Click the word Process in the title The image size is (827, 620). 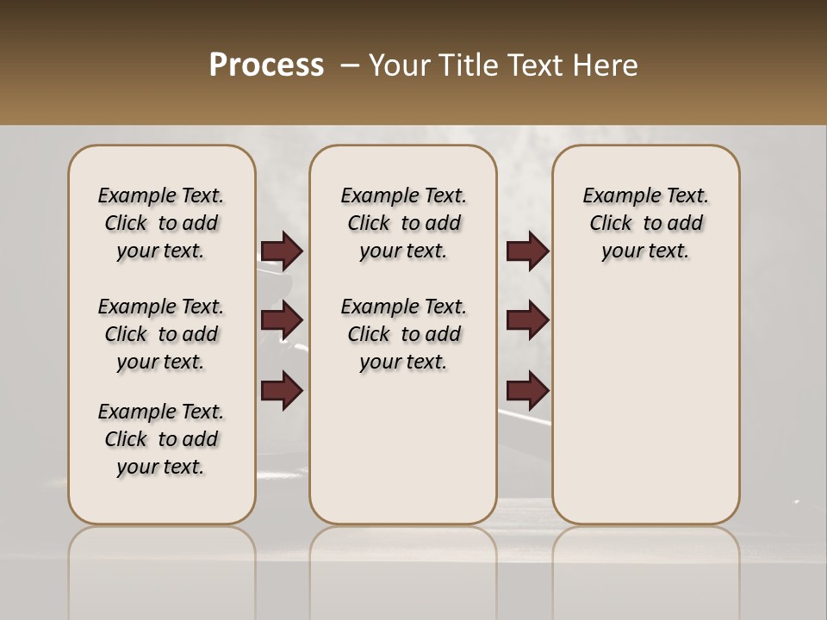tap(266, 65)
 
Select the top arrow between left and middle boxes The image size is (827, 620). tap(282, 251)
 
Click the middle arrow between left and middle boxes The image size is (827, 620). tap(282, 320)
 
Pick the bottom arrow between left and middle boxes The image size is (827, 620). tap(282, 391)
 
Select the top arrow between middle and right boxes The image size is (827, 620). tap(527, 251)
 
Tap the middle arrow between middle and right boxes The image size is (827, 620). tap(527, 320)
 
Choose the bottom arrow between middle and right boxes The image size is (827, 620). tap(527, 391)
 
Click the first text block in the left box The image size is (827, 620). tap(161, 223)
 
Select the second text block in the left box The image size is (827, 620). tap(161, 334)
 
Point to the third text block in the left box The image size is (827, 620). tap(161, 439)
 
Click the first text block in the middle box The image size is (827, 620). tap(403, 223)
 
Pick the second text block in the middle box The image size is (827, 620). tap(403, 334)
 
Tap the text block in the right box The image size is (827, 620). tap(645, 223)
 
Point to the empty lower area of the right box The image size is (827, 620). tap(645, 405)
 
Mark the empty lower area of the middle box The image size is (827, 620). tap(403, 448)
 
